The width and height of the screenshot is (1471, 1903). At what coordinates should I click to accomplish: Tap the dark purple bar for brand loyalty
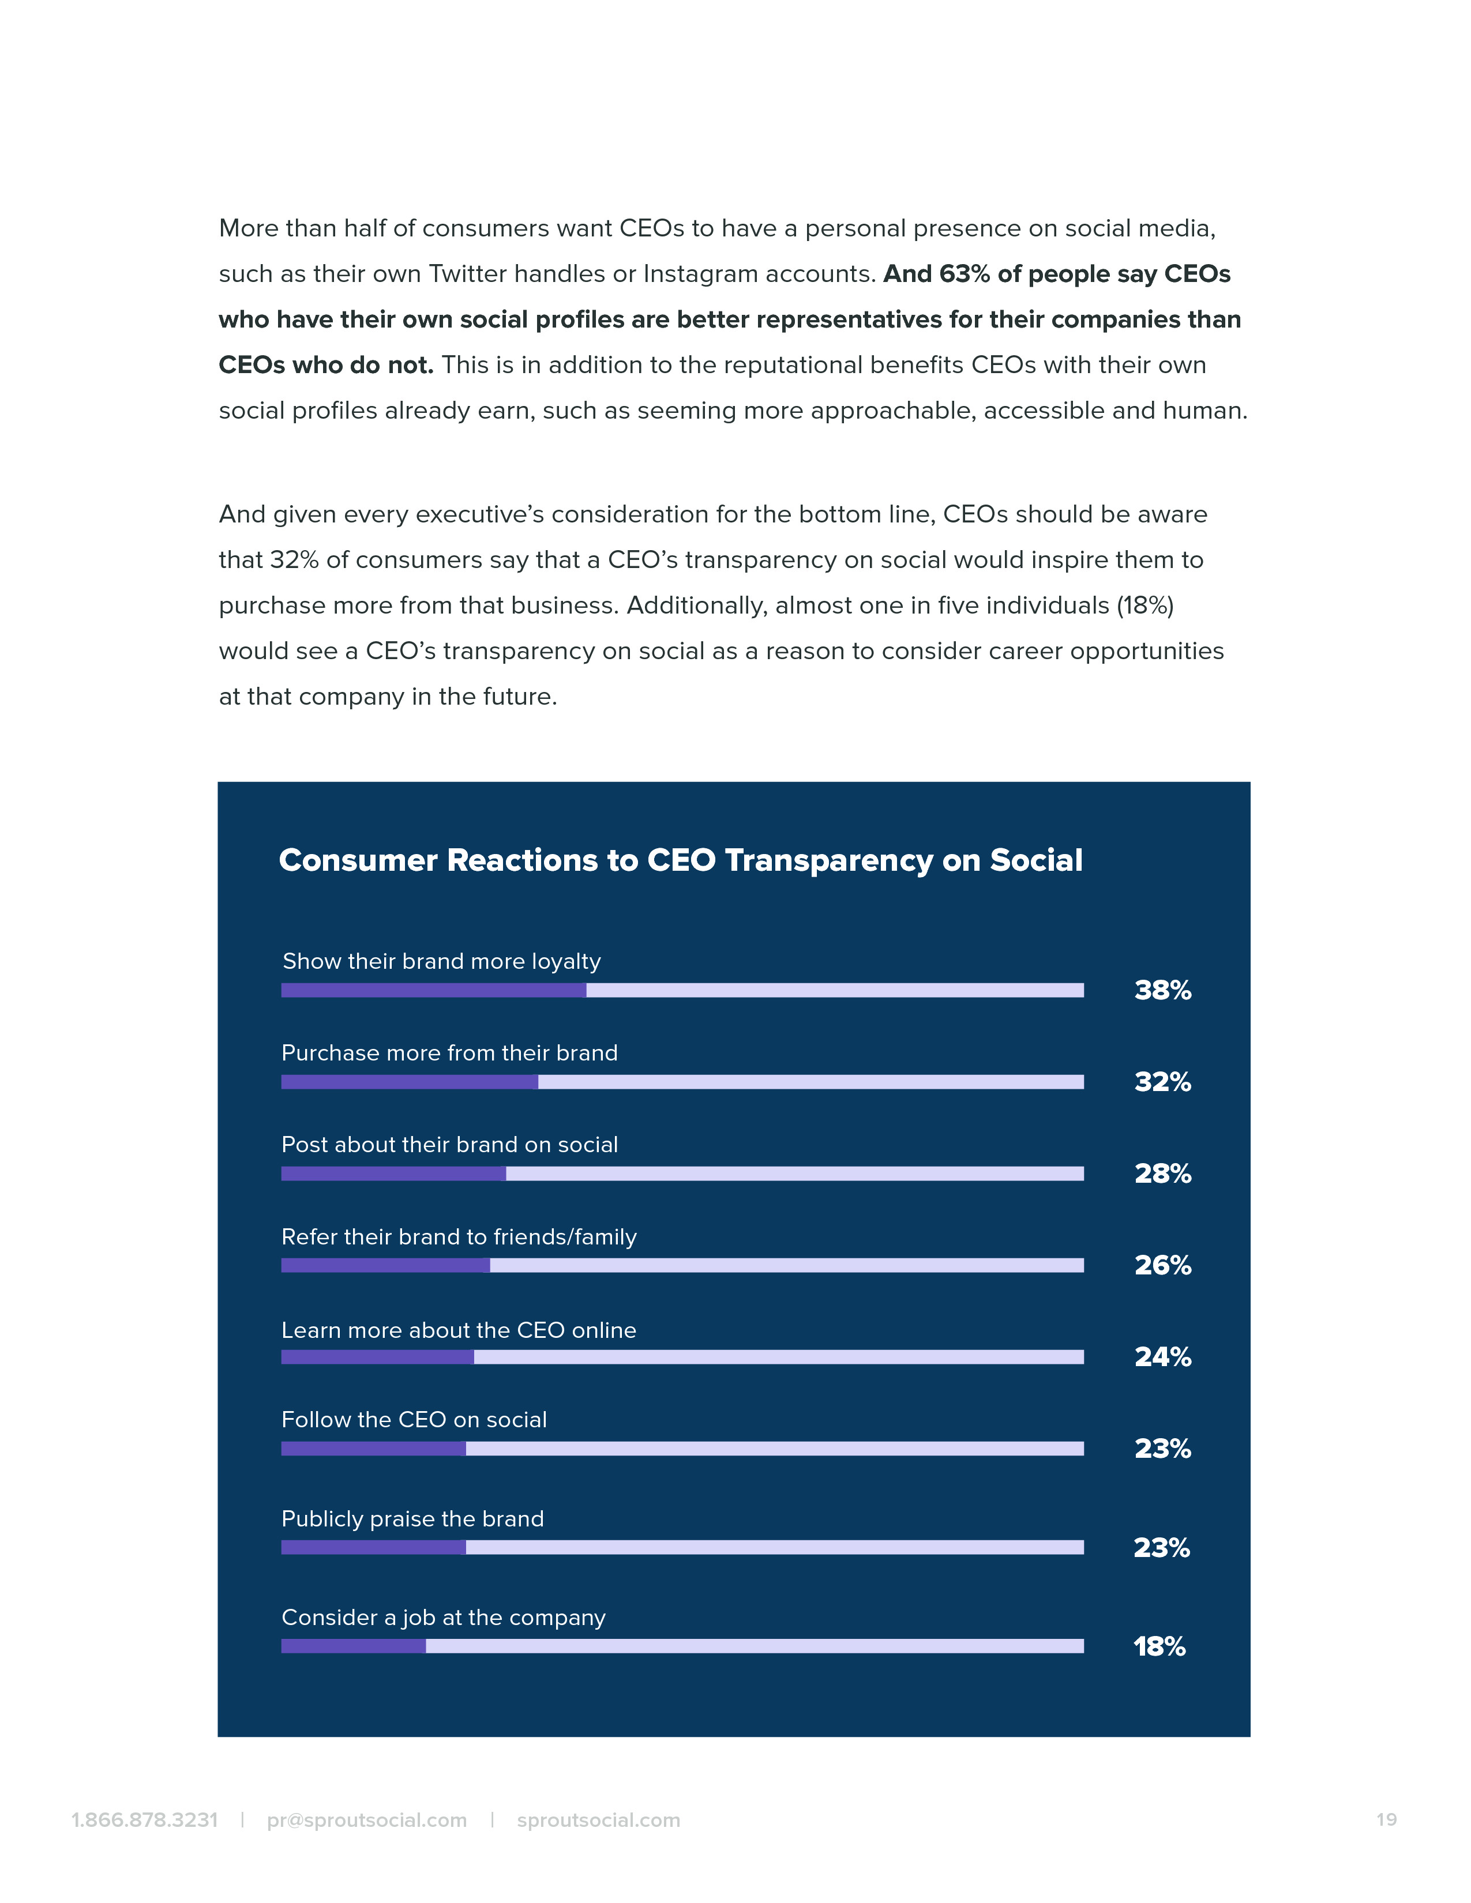tap(433, 990)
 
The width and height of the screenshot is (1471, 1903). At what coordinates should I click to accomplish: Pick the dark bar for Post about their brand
tap(393, 1174)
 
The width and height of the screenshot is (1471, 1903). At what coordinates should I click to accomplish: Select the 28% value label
tap(1162, 1174)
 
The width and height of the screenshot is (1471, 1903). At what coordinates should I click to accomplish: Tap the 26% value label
tap(1162, 1265)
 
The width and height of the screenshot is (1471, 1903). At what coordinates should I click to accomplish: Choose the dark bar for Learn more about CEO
tap(377, 1357)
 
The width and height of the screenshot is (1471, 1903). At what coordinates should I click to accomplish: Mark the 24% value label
tap(1162, 1357)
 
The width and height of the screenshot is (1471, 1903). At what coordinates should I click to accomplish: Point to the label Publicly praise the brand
tap(412, 1519)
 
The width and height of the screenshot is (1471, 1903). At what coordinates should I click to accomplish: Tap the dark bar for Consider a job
tap(353, 1646)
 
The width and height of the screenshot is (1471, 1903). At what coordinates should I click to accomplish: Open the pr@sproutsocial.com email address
tap(367, 1820)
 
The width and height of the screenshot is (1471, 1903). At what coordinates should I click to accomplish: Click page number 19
tap(1386, 1819)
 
